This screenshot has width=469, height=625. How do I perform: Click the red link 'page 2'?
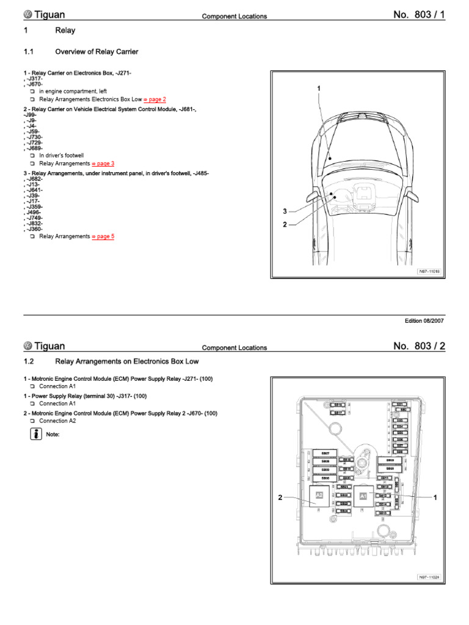[155, 99]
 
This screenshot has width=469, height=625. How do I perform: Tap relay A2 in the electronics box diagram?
[319, 497]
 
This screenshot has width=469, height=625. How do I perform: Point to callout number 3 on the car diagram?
[284, 211]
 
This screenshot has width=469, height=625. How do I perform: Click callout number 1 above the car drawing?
[318, 89]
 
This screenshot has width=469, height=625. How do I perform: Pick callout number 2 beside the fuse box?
[280, 497]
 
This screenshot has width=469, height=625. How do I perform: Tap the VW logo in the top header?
[27, 15]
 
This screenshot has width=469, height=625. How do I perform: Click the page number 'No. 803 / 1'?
[419, 15]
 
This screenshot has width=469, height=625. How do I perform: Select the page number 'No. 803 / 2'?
[419, 346]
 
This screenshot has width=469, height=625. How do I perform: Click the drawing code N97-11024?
[429, 577]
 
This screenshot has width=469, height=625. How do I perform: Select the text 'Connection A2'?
[57, 421]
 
